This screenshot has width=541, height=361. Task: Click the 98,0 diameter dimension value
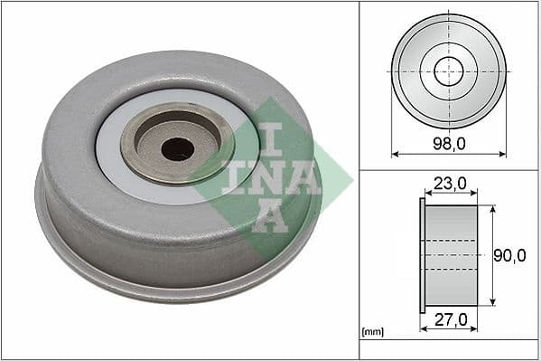(448, 143)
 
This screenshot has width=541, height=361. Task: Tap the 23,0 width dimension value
(449, 184)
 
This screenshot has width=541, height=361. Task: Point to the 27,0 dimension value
(449, 319)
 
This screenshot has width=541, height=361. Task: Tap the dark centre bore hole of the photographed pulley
(177, 149)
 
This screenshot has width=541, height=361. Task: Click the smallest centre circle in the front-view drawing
(448, 71)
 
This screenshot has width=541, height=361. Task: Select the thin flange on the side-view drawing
(422, 256)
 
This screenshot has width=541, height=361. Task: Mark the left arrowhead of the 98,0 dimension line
(395, 154)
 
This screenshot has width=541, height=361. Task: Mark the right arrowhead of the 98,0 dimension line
(502, 154)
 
